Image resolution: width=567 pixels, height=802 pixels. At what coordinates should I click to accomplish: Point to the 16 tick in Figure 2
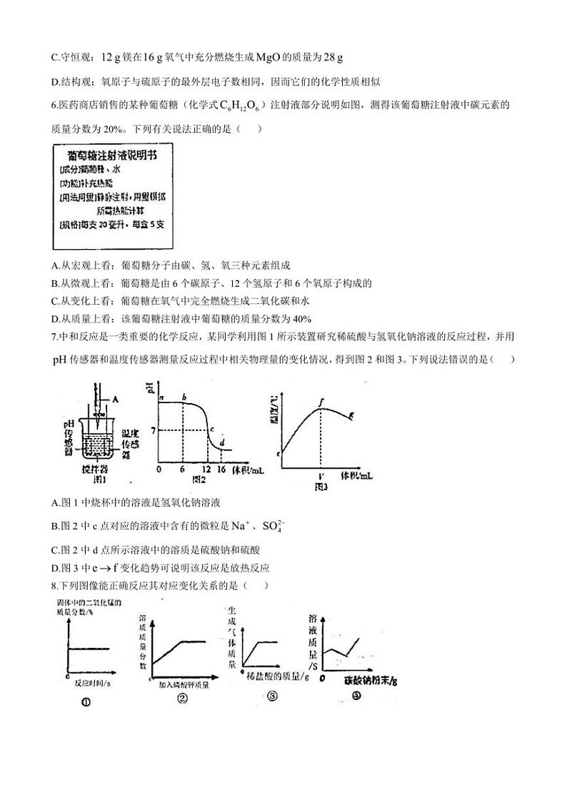click(x=222, y=470)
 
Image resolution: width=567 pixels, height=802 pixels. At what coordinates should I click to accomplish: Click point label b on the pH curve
click(x=184, y=397)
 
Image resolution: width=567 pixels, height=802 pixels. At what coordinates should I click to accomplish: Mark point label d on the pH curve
click(x=223, y=442)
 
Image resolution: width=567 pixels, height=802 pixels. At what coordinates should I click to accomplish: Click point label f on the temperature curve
click(x=323, y=403)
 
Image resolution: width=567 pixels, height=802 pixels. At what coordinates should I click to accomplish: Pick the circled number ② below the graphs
click(x=182, y=699)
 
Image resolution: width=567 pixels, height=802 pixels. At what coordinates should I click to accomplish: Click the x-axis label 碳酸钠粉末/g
click(x=371, y=680)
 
